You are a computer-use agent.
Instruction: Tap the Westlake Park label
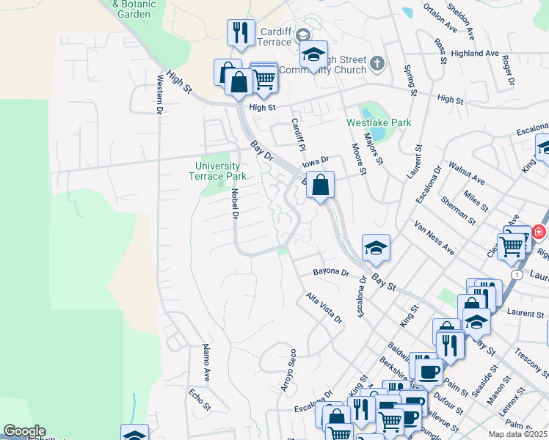pyautogui.click(x=379, y=123)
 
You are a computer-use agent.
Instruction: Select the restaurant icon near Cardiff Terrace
pyautogui.click(x=241, y=33)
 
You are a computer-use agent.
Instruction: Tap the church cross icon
pyautogui.click(x=377, y=63)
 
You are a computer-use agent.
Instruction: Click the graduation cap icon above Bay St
pyautogui.click(x=376, y=248)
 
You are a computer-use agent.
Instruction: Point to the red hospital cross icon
pyautogui.click(x=539, y=232)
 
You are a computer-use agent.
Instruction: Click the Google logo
pyautogui.click(x=24, y=431)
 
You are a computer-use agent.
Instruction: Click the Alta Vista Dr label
pyautogui.click(x=324, y=309)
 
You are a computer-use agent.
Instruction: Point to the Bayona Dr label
pyautogui.click(x=331, y=272)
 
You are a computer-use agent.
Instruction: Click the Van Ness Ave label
pyautogui.click(x=434, y=237)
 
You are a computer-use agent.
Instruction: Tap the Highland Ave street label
pyautogui.click(x=475, y=54)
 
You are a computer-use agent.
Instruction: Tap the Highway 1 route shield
pyautogui.click(x=517, y=274)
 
